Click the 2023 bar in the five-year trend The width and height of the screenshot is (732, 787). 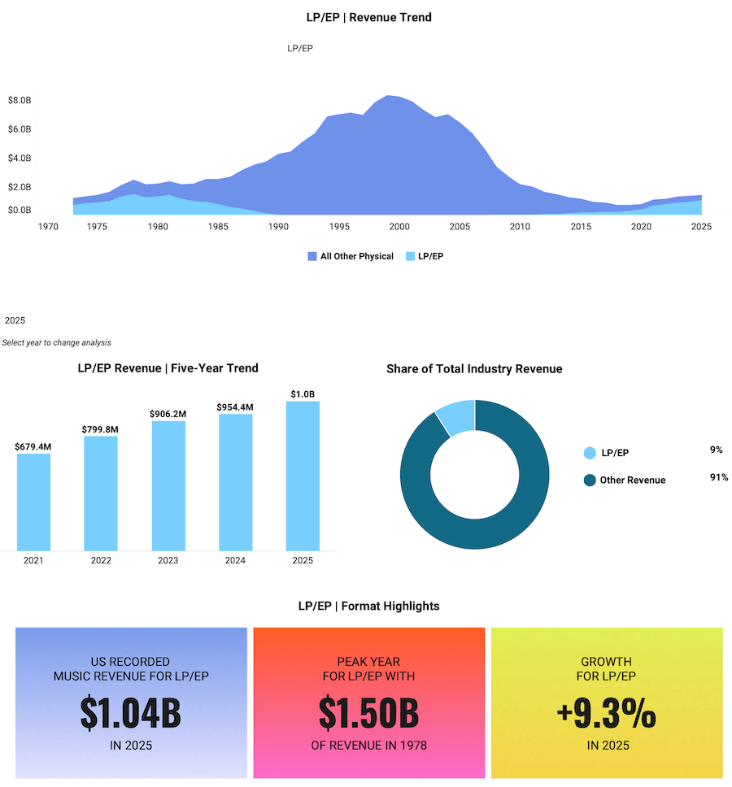pos(168,485)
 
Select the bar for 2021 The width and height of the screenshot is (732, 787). pos(33,502)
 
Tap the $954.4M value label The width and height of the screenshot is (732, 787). pos(235,407)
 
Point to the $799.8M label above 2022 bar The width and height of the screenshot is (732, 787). pos(101,428)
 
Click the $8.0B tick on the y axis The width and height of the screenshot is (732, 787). pos(20,100)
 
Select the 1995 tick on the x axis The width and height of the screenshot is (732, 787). pos(339,227)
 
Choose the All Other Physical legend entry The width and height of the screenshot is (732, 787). pos(351,256)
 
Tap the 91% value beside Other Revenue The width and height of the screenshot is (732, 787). pos(719,477)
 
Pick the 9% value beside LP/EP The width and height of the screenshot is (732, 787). pos(716,450)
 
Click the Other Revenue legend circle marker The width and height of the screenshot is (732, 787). pos(590,480)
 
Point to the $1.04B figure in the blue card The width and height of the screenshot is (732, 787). pos(131,713)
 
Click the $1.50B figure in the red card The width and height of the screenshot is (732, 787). pos(368,713)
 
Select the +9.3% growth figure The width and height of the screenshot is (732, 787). pos(607,713)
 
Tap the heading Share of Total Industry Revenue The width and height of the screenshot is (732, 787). pos(474,368)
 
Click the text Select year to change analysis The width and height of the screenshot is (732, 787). pos(57,342)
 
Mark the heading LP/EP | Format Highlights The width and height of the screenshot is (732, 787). pos(368,606)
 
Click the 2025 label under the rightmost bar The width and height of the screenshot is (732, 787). pos(303,560)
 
